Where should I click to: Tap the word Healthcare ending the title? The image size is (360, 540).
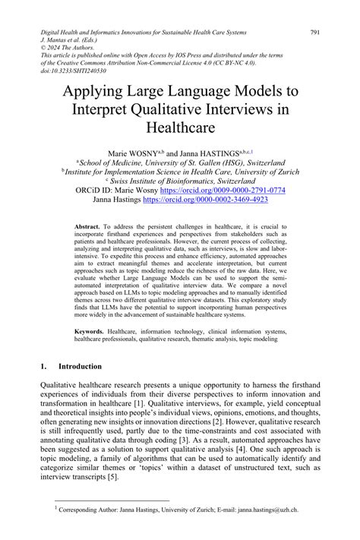pos(180,131)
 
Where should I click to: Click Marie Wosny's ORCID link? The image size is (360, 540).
pos(231,190)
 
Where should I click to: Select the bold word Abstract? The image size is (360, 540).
pos(90,227)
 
